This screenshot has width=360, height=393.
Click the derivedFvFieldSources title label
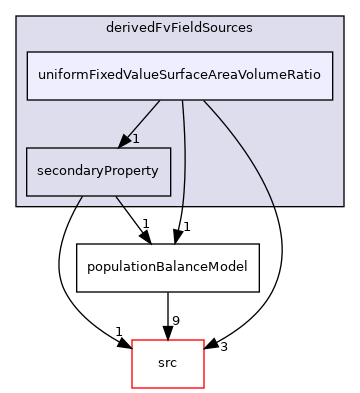click(x=179, y=27)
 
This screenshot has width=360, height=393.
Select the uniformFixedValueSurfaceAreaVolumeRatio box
click(x=179, y=76)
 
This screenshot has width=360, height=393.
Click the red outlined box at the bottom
click(x=168, y=364)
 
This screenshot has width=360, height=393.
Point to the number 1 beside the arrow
click(x=135, y=138)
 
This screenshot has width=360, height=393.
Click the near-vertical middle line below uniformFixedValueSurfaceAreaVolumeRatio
click(x=185, y=150)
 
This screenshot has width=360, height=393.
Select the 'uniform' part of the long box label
click(x=60, y=76)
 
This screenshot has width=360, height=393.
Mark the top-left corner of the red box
click(x=131, y=340)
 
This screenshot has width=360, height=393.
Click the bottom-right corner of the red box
click(x=204, y=388)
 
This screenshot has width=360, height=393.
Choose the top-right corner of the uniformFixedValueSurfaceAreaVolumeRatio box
click(x=332, y=52)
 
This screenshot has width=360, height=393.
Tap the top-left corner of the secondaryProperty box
click(x=26, y=148)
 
